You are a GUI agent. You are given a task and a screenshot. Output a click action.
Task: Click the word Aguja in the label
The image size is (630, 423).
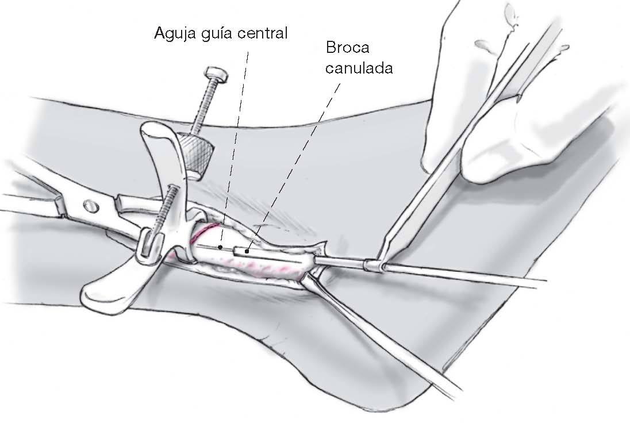click(174, 33)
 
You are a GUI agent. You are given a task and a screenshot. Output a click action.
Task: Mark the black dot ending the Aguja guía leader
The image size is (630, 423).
click(221, 248)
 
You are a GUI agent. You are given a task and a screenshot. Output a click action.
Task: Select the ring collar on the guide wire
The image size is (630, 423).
click(374, 265)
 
